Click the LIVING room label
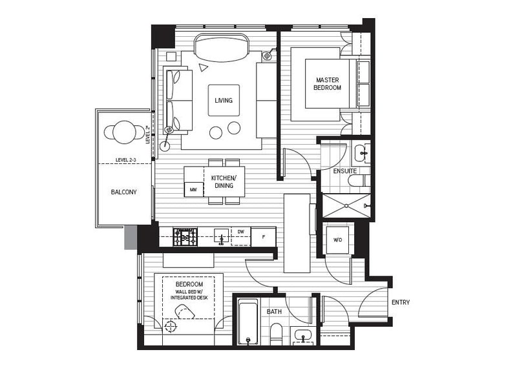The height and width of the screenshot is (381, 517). [224, 100]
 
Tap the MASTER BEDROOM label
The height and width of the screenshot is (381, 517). [327, 84]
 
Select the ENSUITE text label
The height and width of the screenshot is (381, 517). [344, 171]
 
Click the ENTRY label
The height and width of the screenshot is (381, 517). [400, 302]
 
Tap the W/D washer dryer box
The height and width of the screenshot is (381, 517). [337, 240]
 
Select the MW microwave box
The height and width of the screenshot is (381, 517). [193, 189]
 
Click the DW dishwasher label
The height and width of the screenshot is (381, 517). [240, 231]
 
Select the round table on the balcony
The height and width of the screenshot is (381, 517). [124, 132]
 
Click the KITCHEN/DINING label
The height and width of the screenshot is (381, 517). [224, 181]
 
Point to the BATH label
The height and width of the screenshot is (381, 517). [274, 312]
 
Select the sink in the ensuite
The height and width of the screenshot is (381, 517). [361, 154]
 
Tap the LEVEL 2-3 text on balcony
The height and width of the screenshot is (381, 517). [127, 159]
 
